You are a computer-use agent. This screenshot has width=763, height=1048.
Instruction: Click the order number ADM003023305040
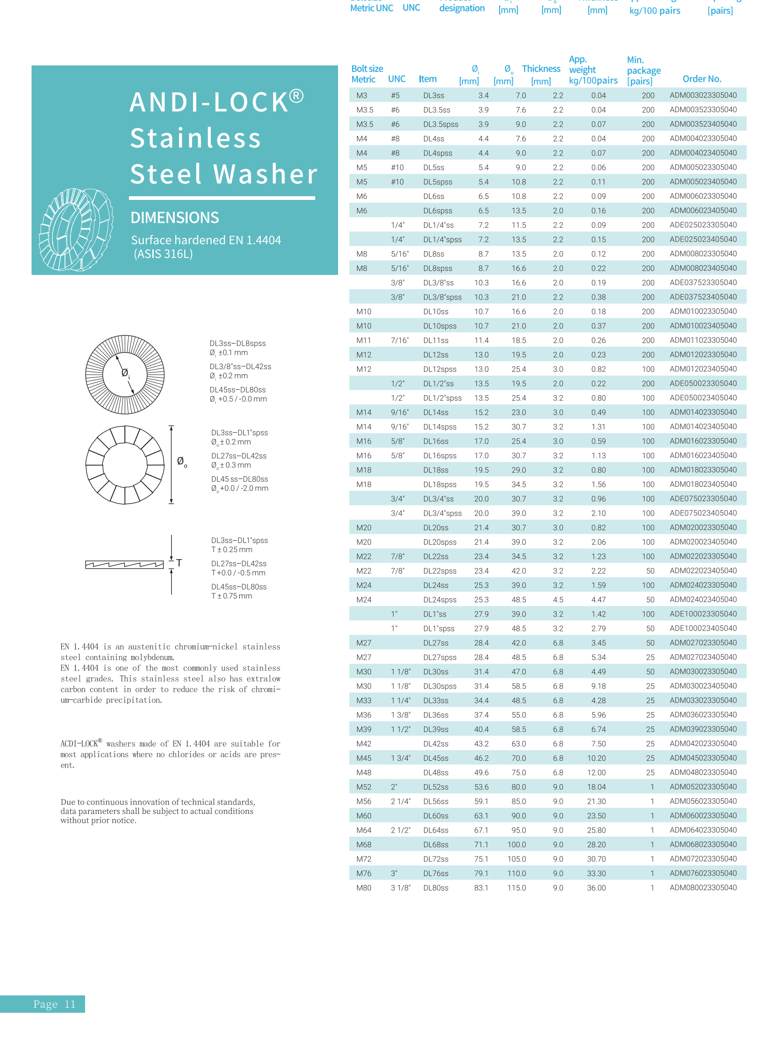[703, 95]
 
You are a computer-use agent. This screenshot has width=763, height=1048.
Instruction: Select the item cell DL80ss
[435, 887]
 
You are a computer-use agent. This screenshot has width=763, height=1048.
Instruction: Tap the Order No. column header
[702, 79]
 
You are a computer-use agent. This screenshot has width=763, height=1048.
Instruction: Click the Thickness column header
[541, 69]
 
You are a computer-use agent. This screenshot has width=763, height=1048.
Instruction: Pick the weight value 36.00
[596, 887]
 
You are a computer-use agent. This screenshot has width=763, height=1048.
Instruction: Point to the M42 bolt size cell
[364, 743]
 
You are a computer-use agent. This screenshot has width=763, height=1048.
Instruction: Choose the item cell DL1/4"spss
[442, 239]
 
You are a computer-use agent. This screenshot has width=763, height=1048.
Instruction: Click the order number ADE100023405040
[703, 628]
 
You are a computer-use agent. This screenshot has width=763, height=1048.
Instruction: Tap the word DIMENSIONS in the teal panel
[175, 218]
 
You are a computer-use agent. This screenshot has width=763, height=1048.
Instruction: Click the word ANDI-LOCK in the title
[209, 102]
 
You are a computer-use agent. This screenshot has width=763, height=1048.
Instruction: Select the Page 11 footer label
[54, 1004]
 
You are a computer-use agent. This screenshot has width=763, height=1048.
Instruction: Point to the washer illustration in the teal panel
[76, 229]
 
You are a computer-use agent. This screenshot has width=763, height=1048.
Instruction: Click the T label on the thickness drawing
[179, 563]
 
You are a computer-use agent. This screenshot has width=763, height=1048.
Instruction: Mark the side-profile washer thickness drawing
[124, 564]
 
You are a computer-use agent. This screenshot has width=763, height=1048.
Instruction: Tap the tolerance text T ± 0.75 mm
[231, 596]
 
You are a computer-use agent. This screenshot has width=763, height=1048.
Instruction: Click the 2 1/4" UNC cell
[400, 801]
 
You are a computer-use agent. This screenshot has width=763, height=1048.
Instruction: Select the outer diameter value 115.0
[516, 887]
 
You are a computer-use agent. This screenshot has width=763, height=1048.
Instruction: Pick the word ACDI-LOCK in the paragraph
[79, 743]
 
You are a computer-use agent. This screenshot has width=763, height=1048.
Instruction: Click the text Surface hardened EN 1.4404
[206, 240]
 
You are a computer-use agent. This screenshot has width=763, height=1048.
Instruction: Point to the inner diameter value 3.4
[483, 96]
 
